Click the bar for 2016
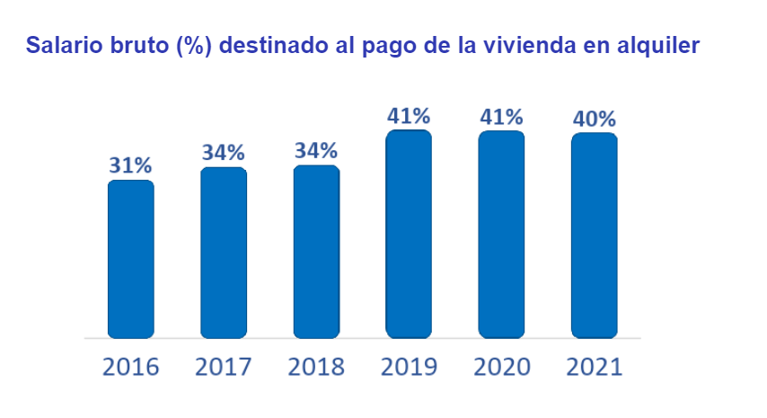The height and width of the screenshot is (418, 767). click(131, 259)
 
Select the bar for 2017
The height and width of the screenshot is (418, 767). click(224, 253)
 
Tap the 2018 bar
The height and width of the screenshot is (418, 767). click(316, 252)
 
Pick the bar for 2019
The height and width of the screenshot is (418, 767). click(409, 234)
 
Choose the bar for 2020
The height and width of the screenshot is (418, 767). click(501, 234)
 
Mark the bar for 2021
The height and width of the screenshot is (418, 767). click(594, 236)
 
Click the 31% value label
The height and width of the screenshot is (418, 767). click(131, 165)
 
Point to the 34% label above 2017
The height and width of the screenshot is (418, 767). click(224, 153)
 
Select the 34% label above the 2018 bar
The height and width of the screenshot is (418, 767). click(316, 150)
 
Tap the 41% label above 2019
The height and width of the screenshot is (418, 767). click(409, 116)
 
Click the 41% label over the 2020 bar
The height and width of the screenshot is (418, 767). click(501, 117)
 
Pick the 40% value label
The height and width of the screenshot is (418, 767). click(594, 119)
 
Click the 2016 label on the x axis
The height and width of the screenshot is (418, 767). click(131, 367)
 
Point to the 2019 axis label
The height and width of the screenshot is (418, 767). click(409, 367)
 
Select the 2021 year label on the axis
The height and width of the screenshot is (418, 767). click(594, 367)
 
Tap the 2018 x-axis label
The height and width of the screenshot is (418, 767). click(316, 367)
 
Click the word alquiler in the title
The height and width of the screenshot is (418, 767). click(662, 45)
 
